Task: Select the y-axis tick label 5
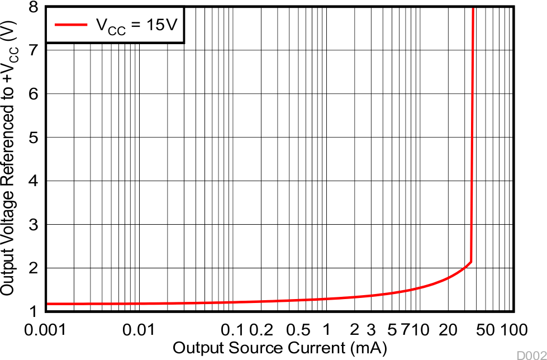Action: tap(34, 138)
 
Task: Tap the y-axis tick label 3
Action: tap(34, 225)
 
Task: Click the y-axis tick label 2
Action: tap(34, 268)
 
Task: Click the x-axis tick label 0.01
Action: tap(138, 330)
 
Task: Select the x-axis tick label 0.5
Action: tap(298, 330)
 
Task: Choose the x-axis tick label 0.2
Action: tap(261, 330)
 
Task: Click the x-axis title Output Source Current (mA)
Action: tap(279, 348)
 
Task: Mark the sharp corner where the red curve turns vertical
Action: tap(472, 261)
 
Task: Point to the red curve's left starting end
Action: tap(47, 304)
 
